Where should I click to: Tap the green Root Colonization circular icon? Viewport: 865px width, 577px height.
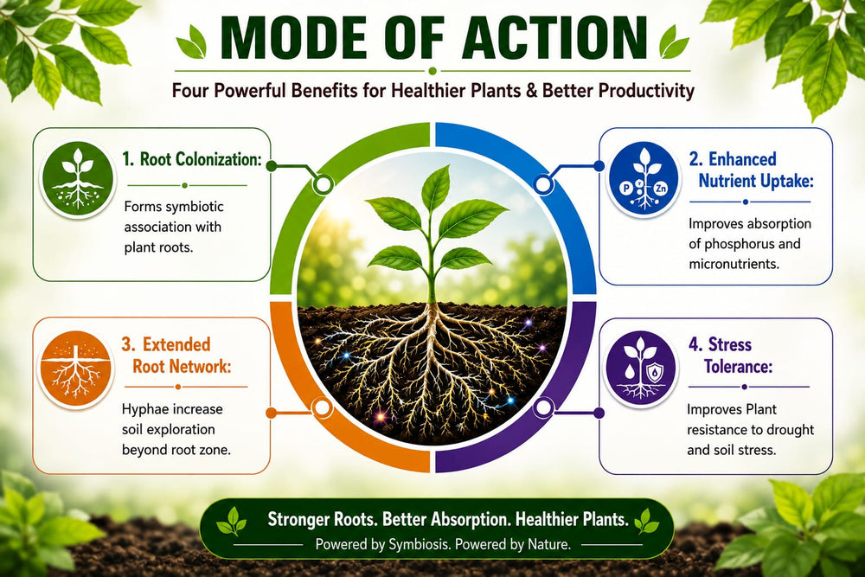click(x=78, y=178)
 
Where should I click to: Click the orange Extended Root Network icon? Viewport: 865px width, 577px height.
click(x=76, y=368)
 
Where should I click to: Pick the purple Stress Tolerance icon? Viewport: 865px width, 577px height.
click(x=640, y=369)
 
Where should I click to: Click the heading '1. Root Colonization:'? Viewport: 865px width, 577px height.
click(x=191, y=159)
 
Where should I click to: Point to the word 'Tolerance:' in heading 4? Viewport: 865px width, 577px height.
click(x=738, y=366)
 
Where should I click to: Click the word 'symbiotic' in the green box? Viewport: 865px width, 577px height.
click(x=195, y=207)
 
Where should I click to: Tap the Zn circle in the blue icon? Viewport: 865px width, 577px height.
click(x=660, y=188)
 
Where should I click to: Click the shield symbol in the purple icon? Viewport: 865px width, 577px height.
click(x=654, y=372)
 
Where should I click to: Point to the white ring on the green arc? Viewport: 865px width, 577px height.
click(x=322, y=183)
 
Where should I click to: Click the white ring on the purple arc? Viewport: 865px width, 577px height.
click(x=544, y=408)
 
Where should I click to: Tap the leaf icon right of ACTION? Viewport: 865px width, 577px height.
click(x=674, y=42)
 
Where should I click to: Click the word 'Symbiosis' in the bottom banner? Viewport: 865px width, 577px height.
click(x=419, y=544)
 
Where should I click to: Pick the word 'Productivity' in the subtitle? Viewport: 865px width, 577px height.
click(x=646, y=90)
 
